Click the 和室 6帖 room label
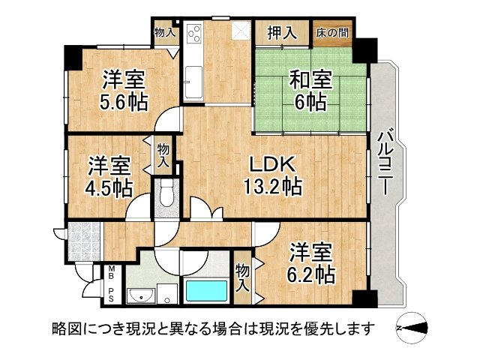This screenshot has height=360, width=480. (x=310, y=91)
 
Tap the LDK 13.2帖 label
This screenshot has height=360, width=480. (x=272, y=175)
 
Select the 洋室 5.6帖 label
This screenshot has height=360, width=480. (x=124, y=90)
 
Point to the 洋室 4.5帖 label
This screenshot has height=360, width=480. (x=109, y=177)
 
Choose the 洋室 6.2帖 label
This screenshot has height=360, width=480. (x=310, y=263)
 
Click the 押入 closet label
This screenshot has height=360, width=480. (x=282, y=32)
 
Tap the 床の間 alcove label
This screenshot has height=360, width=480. (x=332, y=33)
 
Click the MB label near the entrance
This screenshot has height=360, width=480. (x=111, y=273)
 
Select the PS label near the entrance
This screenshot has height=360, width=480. (x=111, y=295)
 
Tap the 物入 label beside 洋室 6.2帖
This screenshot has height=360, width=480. (x=243, y=278)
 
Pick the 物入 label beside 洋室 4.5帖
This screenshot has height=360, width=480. (x=163, y=155)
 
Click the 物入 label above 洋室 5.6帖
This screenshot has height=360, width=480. (x=165, y=31)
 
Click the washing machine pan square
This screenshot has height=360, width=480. (x=167, y=293)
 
